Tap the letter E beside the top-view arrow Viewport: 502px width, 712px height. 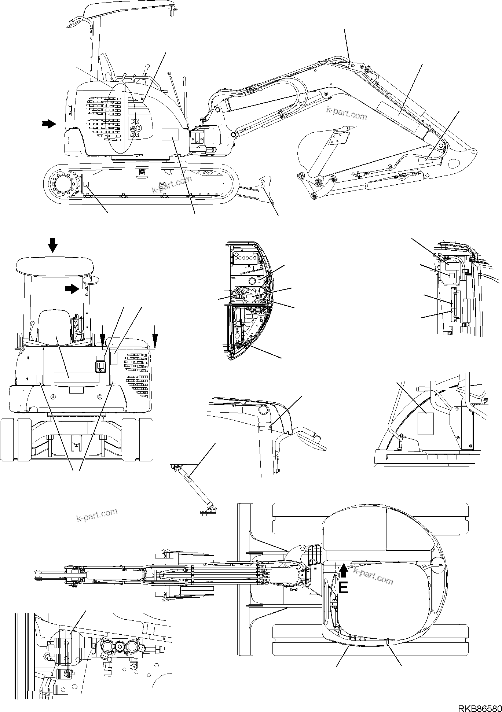pyautogui.click(x=342, y=589)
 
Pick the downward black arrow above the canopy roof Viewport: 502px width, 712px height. pyautogui.click(x=53, y=245)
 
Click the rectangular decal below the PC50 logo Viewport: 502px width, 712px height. pyautogui.click(x=170, y=134)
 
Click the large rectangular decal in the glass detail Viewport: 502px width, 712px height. pyautogui.click(x=425, y=423)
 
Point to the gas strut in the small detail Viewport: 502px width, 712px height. pyautogui.click(x=196, y=488)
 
